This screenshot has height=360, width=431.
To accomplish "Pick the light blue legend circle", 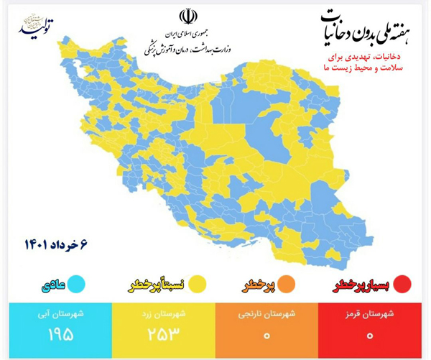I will (78, 284).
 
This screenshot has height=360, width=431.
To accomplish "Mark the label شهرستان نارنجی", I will (266, 314).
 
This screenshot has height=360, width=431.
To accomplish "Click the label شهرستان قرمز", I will (370, 314).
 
